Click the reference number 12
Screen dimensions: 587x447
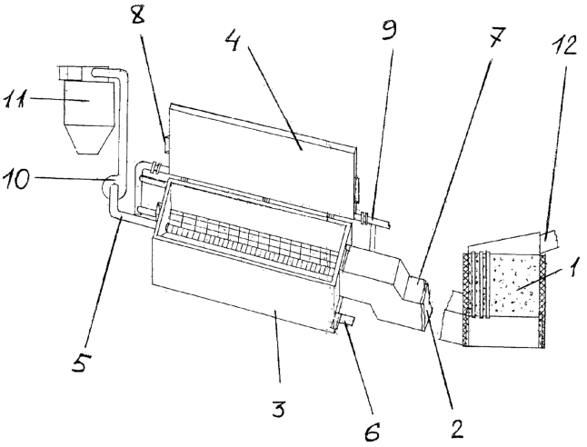tap(562, 45)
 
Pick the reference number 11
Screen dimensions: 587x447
tap(15, 100)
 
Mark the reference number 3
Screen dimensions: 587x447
tap(277, 409)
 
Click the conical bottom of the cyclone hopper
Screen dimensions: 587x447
tap(88, 139)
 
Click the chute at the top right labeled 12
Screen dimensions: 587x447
tap(549, 241)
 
